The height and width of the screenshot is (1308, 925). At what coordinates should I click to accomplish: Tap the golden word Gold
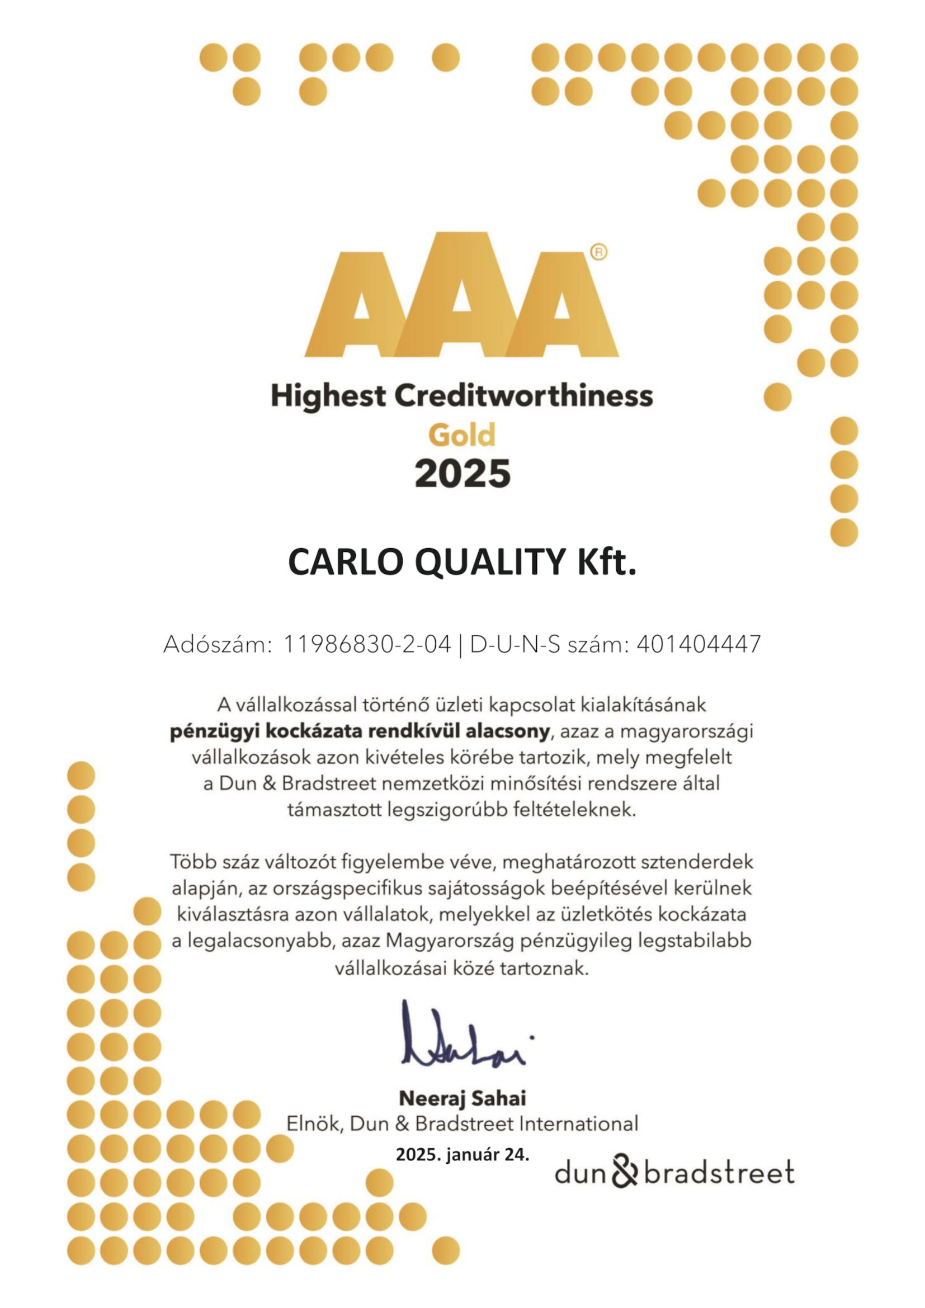(x=462, y=436)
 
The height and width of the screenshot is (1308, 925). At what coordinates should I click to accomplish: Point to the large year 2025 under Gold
(x=463, y=473)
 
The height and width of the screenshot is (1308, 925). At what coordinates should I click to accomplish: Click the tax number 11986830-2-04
(x=367, y=644)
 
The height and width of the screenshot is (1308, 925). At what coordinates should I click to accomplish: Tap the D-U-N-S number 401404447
(x=699, y=644)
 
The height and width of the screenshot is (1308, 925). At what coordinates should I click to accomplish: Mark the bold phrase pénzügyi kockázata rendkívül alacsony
(x=360, y=731)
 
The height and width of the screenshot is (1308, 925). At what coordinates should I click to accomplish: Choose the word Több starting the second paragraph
(x=193, y=862)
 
